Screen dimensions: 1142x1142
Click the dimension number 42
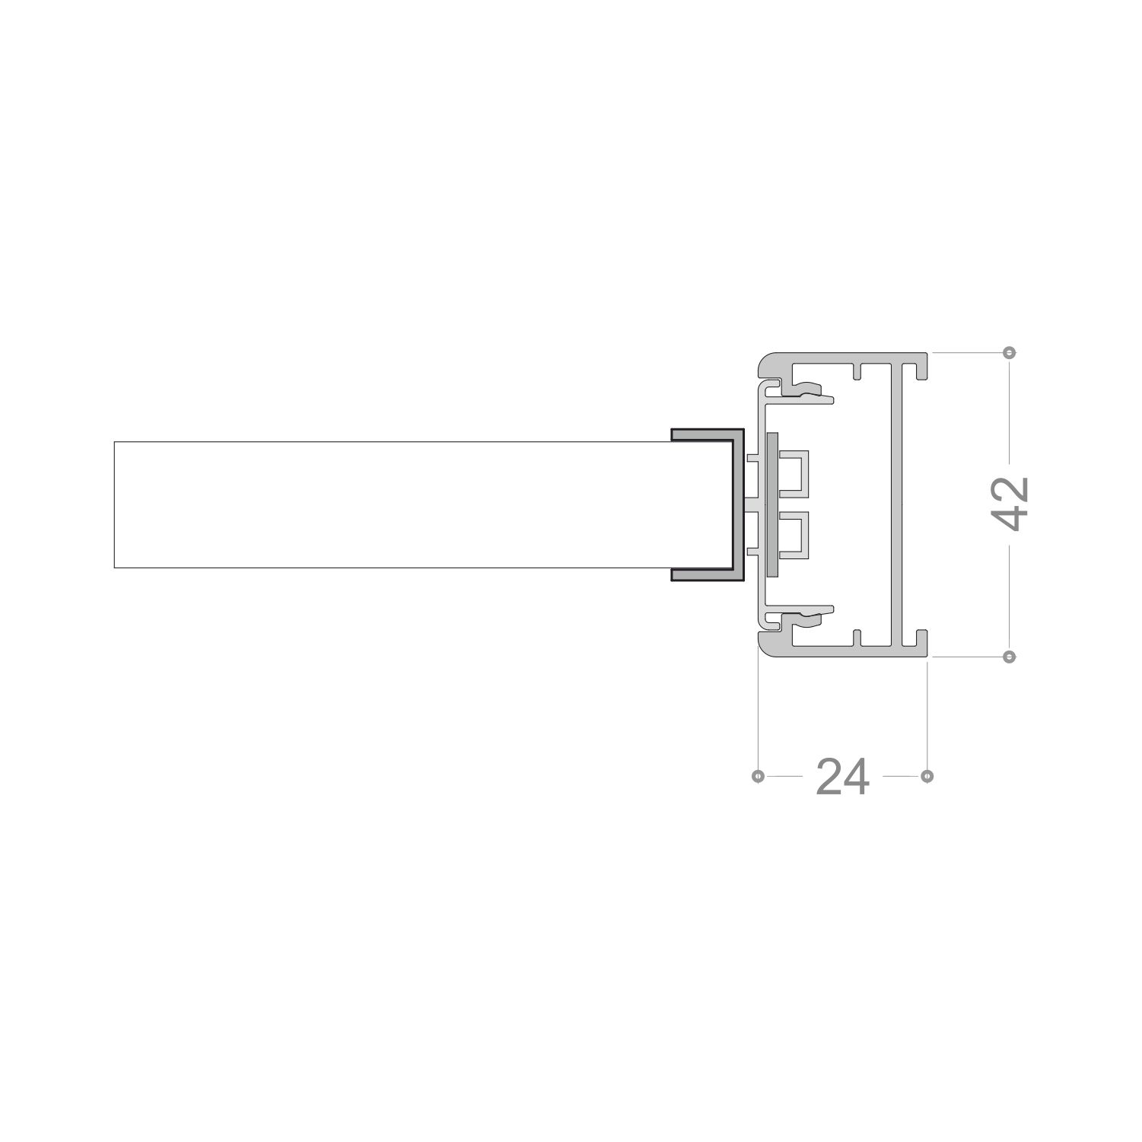(1011, 504)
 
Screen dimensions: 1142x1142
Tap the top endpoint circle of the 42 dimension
(1010, 352)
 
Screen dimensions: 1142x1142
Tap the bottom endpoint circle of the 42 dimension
(1010, 656)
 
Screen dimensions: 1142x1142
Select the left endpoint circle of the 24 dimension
(757, 776)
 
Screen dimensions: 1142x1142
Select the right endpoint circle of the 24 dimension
(927, 776)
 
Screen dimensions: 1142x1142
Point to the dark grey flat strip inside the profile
(773, 504)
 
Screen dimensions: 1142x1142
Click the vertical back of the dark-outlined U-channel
(739, 504)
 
